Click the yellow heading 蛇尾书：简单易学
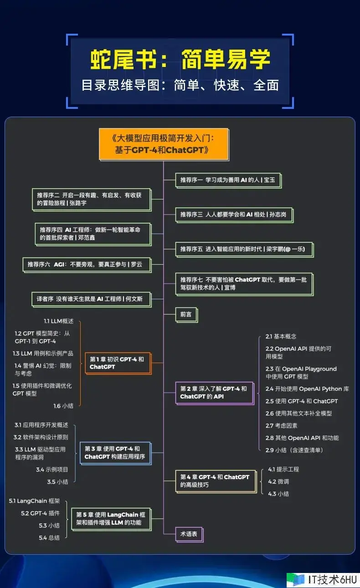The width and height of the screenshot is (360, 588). (x=180, y=59)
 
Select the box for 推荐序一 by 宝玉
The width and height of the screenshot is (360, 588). (x=228, y=180)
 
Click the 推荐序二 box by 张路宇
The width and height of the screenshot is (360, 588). (x=92, y=199)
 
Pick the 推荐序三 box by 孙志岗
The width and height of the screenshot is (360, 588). (x=234, y=215)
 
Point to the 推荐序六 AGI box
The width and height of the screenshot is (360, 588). (x=87, y=265)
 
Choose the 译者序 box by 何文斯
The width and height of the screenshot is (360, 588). (x=92, y=300)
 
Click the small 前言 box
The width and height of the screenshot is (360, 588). (x=186, y=315)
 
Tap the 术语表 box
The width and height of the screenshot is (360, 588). (x=189, y=534)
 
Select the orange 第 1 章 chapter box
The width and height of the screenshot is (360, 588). (x=118, y=363)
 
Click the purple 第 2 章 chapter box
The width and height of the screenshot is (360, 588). (x=215, y=393)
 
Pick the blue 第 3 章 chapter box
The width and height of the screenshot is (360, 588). (x=116, y=453)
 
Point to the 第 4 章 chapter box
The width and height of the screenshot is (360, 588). (x=216, y=481)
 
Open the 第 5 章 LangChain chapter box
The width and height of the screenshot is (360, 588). (x=111, y=519)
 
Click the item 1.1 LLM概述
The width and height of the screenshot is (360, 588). (x=58, y=321)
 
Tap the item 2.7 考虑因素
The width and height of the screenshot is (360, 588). (x=281, y=425)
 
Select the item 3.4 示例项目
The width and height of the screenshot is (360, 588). (x=52, y=469)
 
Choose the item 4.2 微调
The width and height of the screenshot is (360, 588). (x=278, y=481)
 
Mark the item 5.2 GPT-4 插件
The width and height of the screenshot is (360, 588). (x=40, y=513)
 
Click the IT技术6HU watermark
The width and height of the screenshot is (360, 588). (x=323, y=579)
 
